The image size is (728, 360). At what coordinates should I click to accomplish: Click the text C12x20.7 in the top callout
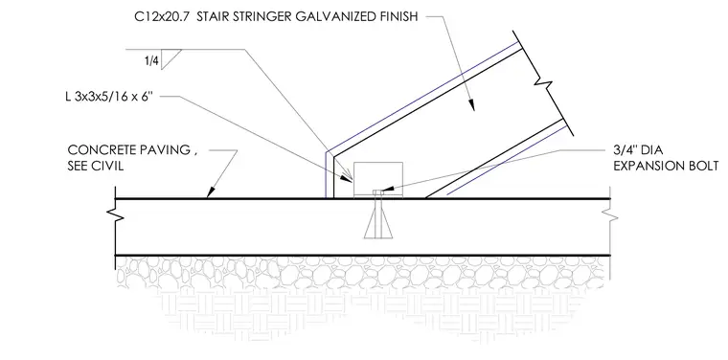pos(162,17)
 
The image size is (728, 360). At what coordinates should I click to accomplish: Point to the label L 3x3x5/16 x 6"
pos(109,98)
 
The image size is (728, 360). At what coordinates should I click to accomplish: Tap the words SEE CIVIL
pos(96,166)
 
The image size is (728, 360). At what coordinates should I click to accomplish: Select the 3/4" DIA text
pos(638,150)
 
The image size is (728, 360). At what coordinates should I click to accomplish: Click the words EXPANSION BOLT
pos(667,166)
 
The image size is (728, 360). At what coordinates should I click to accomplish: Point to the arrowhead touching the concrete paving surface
pos(212,191)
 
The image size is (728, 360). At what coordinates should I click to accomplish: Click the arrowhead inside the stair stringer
pos(471,105)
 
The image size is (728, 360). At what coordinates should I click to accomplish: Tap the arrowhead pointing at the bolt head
pos(388,190)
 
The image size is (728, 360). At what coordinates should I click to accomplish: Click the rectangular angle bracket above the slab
pos(378,179)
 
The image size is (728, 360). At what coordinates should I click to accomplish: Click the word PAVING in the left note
pos(166,150)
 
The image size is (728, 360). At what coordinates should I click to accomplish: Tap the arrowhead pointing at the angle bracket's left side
pos(347,177)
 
